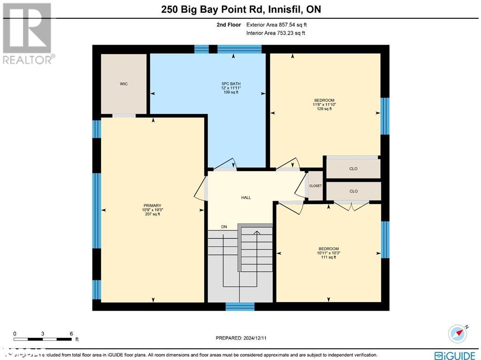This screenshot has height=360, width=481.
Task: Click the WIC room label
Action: click(124, 84)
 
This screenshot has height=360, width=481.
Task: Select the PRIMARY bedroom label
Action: click(152, 205)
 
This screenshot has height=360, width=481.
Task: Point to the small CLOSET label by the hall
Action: click(315, 186)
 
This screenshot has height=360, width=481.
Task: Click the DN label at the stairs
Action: click(224, 227)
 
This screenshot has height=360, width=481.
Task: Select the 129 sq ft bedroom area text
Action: click(324, 109)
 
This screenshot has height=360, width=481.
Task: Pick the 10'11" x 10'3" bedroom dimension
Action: click(329, 253)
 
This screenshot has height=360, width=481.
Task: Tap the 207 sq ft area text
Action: click(152, 214)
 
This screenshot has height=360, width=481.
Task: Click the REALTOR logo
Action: click(28, 33)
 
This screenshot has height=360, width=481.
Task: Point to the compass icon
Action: click(458, 333)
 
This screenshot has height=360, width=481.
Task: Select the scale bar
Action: click(43, 338)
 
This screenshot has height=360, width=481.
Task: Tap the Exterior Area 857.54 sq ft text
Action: click(277, 25)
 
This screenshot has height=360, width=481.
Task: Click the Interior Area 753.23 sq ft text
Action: click(276, 33)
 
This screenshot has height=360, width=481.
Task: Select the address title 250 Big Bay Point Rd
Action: click(240, 9)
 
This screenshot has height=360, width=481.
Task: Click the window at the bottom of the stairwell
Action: click(240, 306)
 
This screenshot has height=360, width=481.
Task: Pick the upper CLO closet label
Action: click(354, 169)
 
